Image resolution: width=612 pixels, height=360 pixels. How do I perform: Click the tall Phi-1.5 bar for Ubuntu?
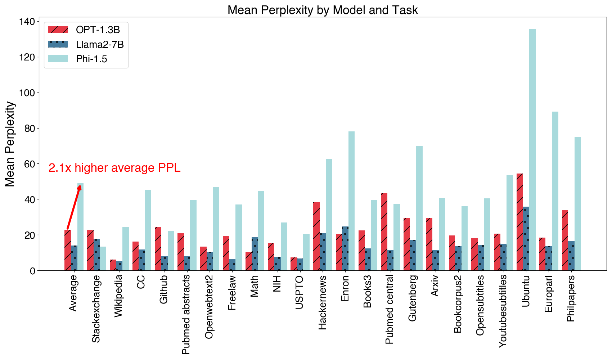(x=532, y=151)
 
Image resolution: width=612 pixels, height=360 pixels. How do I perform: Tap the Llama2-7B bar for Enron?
(x=345, y=248)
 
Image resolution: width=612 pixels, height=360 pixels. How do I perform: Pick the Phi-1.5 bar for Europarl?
(x=555, y=191)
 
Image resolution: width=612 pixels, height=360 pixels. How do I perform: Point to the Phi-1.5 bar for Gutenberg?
(x=419, y=209)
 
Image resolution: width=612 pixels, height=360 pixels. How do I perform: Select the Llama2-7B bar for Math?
(x=255, y=254)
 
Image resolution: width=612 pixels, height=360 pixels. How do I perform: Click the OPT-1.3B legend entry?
(x=86, y=30)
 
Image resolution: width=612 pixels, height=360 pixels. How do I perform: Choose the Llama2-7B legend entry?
(x=86, y=44)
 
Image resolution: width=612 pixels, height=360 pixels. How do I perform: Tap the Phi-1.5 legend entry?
(x=86, y=59)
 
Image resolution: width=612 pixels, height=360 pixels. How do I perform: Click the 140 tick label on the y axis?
(x=27, y=22)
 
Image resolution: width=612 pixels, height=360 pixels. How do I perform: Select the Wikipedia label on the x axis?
(x=118, y=296)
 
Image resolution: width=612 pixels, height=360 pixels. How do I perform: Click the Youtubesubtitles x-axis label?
(x=503, y=311)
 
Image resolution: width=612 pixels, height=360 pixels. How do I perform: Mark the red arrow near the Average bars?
(x=73, y=207)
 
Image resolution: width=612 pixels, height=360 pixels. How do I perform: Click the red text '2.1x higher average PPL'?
(x=114, y=168)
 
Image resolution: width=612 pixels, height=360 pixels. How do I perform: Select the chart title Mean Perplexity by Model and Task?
(x=323, y=10)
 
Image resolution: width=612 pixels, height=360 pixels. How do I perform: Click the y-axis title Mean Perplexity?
(x=10, y=144)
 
